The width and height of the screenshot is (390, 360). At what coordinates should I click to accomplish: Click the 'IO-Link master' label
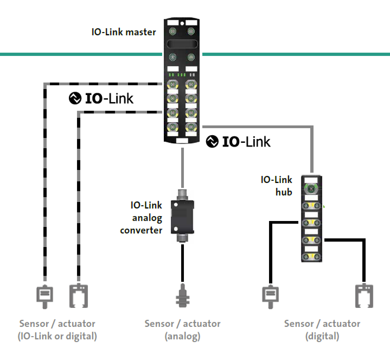pyautogui.click(x=124, y=32)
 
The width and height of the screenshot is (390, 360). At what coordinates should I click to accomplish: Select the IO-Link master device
pyautogui.click(x=182, y=81)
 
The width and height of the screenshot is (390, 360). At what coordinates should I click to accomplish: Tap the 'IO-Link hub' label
pyautogui.click(x=276, y=186)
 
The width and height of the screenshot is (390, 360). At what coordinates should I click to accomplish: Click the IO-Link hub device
pyautogui.click(x=311, y=219)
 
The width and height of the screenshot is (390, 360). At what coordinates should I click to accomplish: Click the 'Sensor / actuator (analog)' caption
pyautogui.click(x=182, y=330)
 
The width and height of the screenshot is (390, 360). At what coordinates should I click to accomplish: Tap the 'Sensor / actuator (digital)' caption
pyautogui.click(x=322, y=330)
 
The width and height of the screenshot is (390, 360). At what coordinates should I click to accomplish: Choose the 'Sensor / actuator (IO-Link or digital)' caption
pyautogui.click(x=57, y=330)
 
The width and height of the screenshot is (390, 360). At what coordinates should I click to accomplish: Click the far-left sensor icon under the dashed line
pyautogui.click(x=45, y=296)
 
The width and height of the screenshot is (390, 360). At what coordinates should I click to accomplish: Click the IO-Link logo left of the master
pyautogui.click(x=101, y=98)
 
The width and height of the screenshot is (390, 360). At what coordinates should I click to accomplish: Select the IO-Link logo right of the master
pyautogui.click(x=238, y=141)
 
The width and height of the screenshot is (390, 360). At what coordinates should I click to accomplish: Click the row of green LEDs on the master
pyautogui.click(x=177, y=75)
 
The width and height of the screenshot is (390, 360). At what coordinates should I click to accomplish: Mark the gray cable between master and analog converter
pyautogui.click(x=182, y=168)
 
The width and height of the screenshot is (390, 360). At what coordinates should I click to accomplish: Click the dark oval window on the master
pyautogui.click(x=182, y=44)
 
